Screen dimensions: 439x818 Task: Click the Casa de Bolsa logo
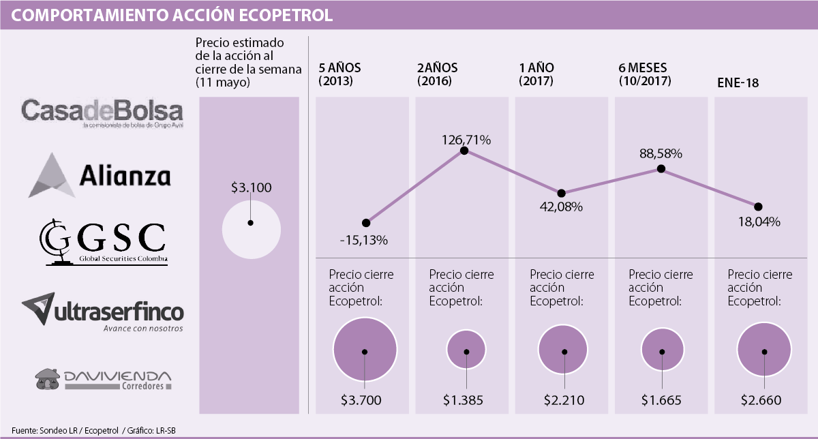pos(102,112)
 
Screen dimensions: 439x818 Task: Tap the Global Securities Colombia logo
pos(102,243)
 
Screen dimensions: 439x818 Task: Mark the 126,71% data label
pos(466,140)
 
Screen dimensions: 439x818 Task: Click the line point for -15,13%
pos(366,222)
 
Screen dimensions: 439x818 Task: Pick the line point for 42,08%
pos(562,194)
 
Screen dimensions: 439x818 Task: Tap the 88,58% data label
pos(661,154)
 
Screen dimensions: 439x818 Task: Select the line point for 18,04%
pos(758,207)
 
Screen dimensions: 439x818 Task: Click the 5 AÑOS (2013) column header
pos(340,74)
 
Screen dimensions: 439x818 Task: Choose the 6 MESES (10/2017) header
pos(645,74)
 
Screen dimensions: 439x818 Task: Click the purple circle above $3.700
pos(365,351)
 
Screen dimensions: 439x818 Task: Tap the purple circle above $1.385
pos(466,352)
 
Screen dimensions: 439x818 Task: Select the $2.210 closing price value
pos(564,400)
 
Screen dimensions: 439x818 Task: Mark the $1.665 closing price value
pos(662,400)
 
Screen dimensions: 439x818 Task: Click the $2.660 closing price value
pos(761,400)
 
